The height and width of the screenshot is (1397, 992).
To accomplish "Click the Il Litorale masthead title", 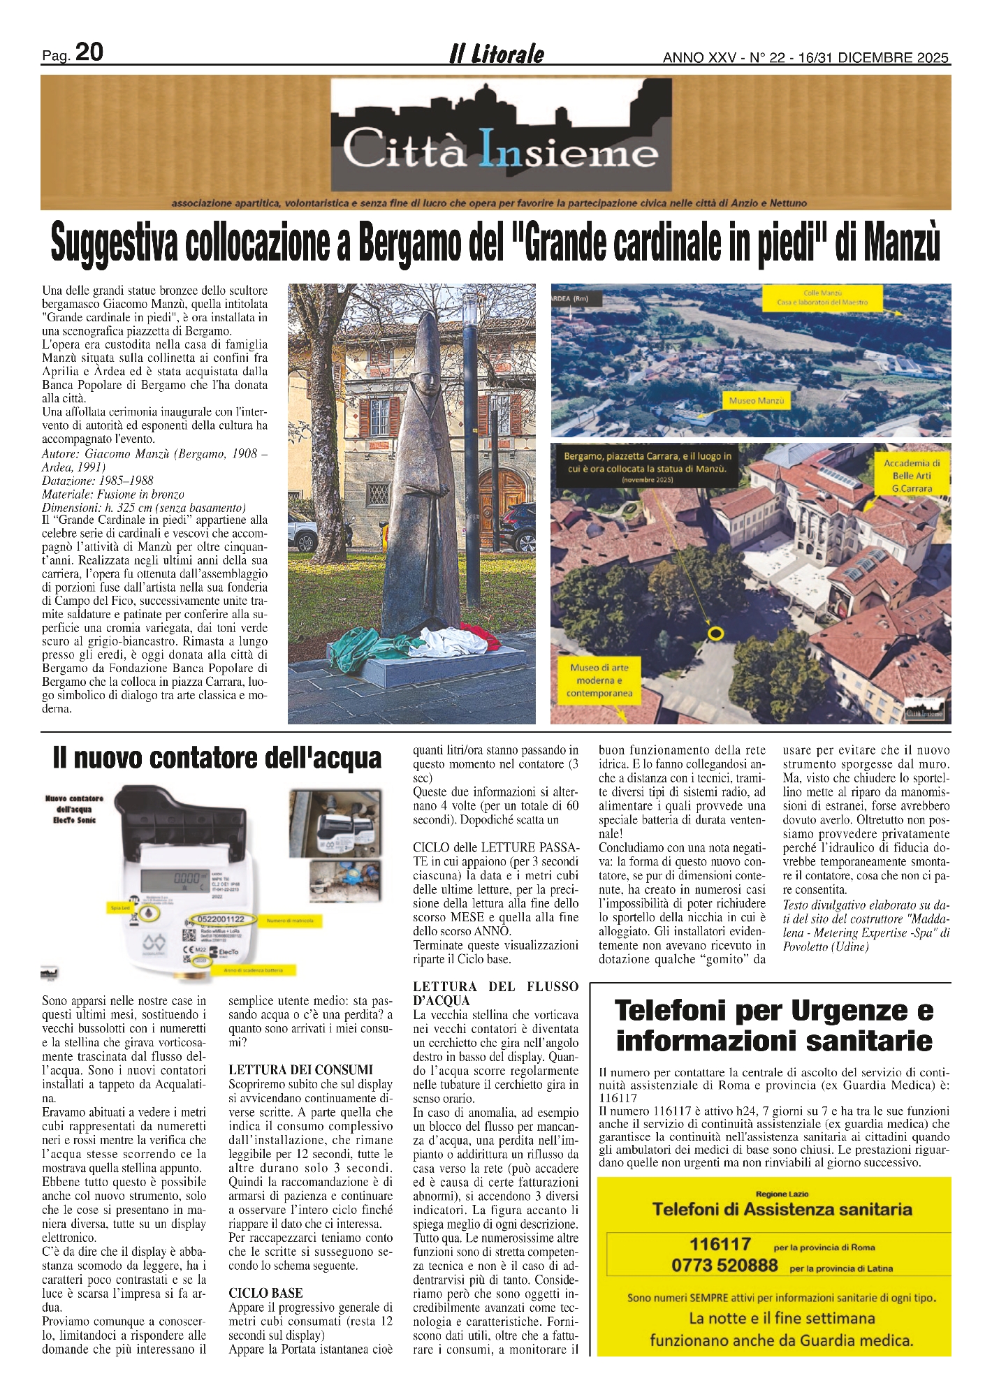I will pos(497,54).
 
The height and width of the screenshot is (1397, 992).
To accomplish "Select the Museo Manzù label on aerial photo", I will pos(757,401).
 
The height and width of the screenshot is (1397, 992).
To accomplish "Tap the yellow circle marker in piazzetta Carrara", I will pos(715,633).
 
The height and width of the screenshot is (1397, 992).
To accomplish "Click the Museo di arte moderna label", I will pos(599,680).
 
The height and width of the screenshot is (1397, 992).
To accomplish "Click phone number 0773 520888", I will pos(724,1265).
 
